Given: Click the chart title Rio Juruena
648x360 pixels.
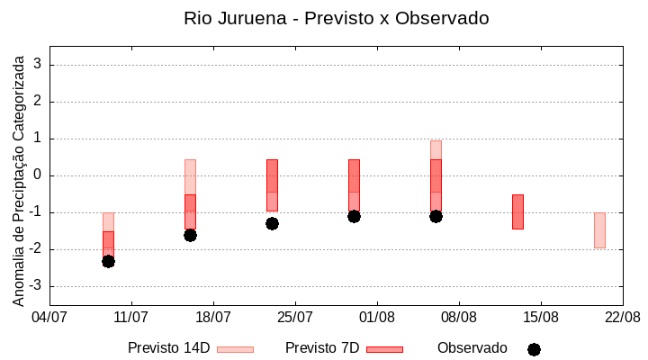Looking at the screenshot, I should (x=336, y=18).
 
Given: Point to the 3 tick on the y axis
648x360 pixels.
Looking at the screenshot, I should (x=39, y=65).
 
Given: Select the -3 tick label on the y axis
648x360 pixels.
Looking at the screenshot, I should (x=36, y=286).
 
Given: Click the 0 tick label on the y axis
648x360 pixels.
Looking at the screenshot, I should (x=39, y=175).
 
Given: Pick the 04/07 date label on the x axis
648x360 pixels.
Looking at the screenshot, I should (x=49, y=317).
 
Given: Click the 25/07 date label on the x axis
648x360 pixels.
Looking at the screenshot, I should (x=295, y=317).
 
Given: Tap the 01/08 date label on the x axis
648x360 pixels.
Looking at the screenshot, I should (x=377, y=317).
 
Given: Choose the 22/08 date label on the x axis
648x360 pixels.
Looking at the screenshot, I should (x=622, y=317).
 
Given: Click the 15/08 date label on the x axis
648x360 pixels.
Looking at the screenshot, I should (x=540, y=317).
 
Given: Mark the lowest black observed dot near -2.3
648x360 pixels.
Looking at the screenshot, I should (x=108, y=261).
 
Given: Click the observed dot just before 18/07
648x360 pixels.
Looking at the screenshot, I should (x=190, y=235).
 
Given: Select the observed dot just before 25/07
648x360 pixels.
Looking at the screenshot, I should (x=272, y=223).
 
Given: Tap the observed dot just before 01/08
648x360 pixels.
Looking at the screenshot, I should (x=354, y=216).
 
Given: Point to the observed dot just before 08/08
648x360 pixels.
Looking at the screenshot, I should (x=436, y=216).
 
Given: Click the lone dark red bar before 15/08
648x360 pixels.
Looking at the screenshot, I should (x=517, y=211).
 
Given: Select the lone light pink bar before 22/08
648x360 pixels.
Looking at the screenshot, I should (x=599, y=230).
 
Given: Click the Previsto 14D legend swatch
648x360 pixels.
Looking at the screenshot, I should (x=235, y=349).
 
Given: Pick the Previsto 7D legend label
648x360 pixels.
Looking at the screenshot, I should (x=321, y=348).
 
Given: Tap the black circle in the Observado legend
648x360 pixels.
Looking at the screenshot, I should (x=534, y=349).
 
